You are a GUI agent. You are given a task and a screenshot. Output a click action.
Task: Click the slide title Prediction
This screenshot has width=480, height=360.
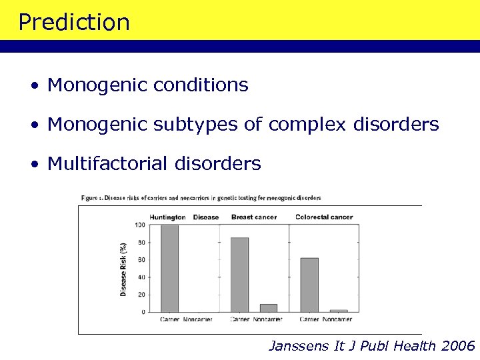[74, 22]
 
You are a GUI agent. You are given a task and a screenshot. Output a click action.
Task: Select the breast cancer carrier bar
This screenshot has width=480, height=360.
[239, 275]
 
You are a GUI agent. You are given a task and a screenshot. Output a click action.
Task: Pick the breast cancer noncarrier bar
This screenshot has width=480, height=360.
[268, 308]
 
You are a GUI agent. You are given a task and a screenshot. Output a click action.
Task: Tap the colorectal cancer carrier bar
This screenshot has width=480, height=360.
[309, 285]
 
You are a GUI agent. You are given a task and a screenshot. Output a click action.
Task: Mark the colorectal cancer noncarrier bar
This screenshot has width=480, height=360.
[338, 311]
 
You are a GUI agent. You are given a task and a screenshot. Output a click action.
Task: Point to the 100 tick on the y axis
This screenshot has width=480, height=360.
[139, 225]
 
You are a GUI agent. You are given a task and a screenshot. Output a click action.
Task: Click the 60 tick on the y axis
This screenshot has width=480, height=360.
[141, 260]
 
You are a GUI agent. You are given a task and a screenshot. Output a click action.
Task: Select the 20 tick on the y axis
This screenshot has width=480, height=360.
[141, 295]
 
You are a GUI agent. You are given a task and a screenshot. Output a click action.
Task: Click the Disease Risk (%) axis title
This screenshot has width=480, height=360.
[123, 269]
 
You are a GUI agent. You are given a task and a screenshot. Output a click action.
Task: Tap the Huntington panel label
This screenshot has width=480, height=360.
[167, 217]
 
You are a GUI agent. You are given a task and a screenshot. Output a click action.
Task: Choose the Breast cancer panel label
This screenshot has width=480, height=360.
[253, 217]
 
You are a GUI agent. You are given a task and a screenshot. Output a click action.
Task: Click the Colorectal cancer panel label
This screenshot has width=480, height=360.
[324, 217]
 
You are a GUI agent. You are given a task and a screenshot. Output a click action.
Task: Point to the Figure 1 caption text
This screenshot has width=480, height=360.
[201, 198]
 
